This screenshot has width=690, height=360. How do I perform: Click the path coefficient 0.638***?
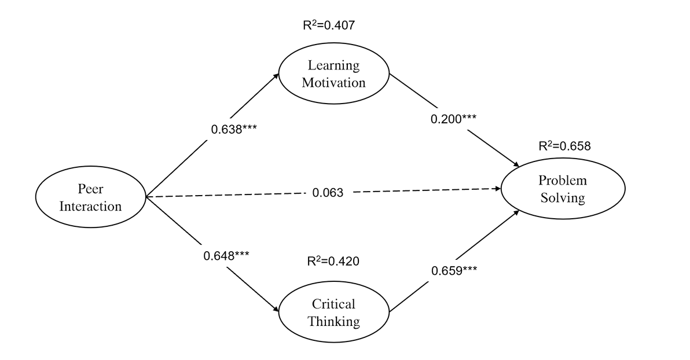coord(234,130)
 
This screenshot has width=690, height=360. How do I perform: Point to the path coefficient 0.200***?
coord(453,119)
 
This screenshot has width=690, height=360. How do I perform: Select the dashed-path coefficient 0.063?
coord(328,193)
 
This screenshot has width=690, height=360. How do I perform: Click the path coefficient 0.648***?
coord(226,256)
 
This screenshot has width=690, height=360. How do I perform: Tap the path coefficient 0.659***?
coord(454,271)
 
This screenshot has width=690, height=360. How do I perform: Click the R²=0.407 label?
coord(329,25)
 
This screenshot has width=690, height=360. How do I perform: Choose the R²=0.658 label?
coord(564,146)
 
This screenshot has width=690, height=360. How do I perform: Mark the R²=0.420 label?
coord(333,261)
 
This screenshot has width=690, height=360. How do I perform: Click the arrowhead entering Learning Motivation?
coord(276,76)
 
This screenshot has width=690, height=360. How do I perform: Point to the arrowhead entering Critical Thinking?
coord(276,310)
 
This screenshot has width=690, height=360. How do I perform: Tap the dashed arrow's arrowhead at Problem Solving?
coord(498,188)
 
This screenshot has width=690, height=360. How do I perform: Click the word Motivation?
coord(334,83)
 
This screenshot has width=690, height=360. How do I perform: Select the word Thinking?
coord(334,322)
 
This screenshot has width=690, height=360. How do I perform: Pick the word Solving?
coord(563,198)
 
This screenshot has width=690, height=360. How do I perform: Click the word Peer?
coord(91,189)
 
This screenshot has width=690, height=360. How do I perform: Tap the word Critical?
coord(333,304)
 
